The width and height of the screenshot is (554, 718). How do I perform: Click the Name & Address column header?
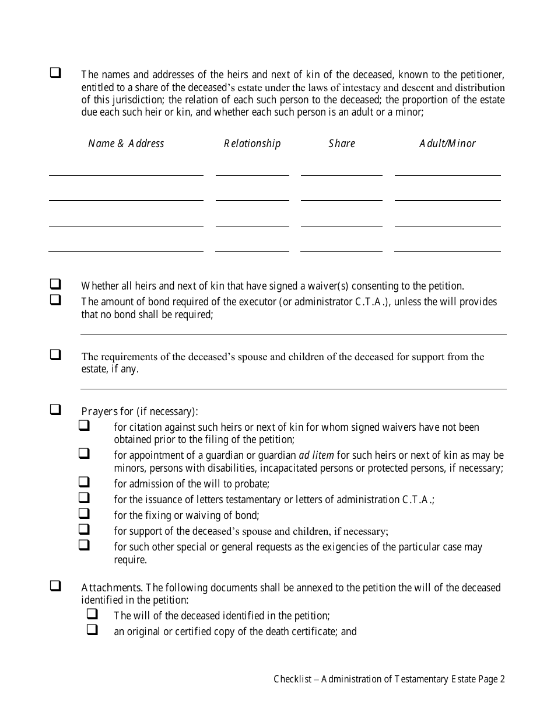click(126, 144)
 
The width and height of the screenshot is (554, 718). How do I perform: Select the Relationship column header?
click(252, 144)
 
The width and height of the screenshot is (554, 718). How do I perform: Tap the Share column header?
click(342, 144)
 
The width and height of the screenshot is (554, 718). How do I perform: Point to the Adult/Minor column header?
click(447, 144)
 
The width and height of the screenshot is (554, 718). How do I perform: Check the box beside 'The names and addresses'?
click(55, 74)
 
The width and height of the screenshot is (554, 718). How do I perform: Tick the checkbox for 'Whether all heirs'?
click(55, 285)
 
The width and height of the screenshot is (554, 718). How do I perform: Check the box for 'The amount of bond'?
click(55, 300)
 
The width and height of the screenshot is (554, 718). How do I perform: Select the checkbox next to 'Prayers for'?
click(55, 410)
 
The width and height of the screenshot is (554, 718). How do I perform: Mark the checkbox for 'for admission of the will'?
click(84, 482)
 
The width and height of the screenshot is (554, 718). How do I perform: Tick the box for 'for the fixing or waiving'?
click(84, 514)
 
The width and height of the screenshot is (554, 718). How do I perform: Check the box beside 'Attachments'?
click(55, 585)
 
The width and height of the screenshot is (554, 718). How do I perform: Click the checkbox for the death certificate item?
click(92, 630)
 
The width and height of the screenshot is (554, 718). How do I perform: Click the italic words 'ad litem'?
click(316, 455)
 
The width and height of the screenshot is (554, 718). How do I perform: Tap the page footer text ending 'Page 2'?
click(389, 679)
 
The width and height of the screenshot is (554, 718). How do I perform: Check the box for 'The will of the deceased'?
click(92, 614)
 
